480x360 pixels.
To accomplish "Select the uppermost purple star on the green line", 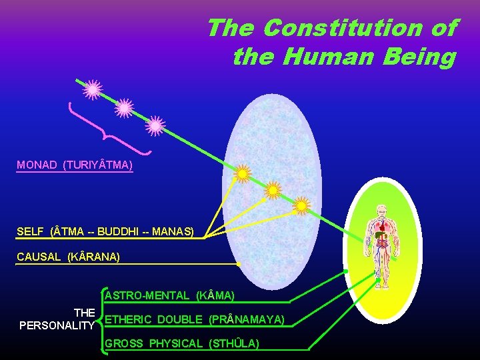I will pos(93,89).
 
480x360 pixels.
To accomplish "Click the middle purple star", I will pos(124,107).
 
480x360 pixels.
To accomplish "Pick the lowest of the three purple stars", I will pos(155,125).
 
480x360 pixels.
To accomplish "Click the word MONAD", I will pos(37,165).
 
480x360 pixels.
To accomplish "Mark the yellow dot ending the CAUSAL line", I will pos(239,264).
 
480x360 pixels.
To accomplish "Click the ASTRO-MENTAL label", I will pos(169,295).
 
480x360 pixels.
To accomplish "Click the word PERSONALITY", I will pos(57,325).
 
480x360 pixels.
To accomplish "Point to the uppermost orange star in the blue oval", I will pos(243,173).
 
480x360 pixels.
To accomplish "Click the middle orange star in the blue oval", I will pos(273,191).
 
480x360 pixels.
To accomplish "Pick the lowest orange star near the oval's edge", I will pos(302,206).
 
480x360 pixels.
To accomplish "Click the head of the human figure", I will pos(381,210).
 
